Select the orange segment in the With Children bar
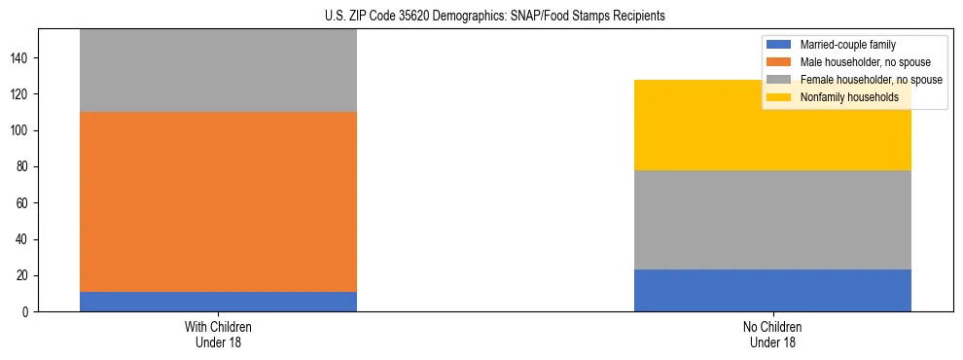(x=218, y=201)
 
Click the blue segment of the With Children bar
(x=218, y=302)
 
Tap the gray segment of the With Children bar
(x=218, y=70)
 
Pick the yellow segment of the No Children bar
(x=772, y=125)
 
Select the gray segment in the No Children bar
(x=772, y=219)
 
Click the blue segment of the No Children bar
(x=772, y=290)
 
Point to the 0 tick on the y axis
(x=27, y=312)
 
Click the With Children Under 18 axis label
(x=218, y=334)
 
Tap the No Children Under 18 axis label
(x=772, y=334)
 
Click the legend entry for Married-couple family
(x=847, y=45)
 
